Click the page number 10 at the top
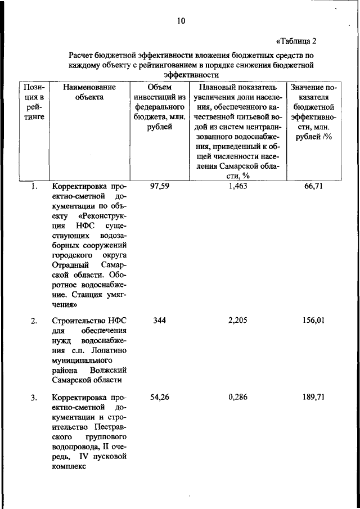(x=180, y=21)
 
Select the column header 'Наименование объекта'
(x=89, y=92)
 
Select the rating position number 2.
(x=34, y=321)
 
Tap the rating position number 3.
(x=34, y=399)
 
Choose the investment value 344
(x=159, y=321)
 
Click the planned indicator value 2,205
(x=238, y=321)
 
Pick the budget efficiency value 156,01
(x=313, y=321)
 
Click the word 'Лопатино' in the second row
(x=109, y=350)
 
